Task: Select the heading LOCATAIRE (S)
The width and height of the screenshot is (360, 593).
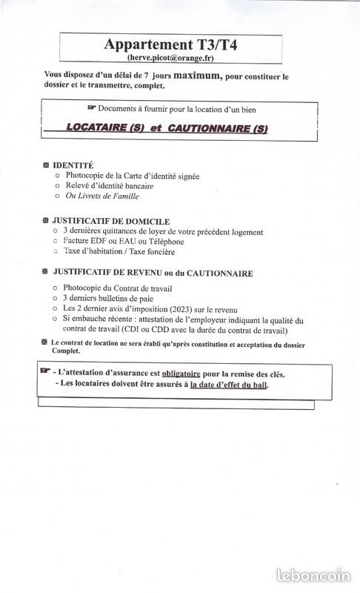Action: (104, 128)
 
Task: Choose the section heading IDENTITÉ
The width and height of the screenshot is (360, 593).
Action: (73, 165)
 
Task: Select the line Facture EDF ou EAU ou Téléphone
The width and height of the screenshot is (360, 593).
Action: (123, 242)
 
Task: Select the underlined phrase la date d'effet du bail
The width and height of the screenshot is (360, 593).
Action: (229, 385)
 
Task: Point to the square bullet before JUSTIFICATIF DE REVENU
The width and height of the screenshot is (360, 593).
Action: (46, 273)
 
